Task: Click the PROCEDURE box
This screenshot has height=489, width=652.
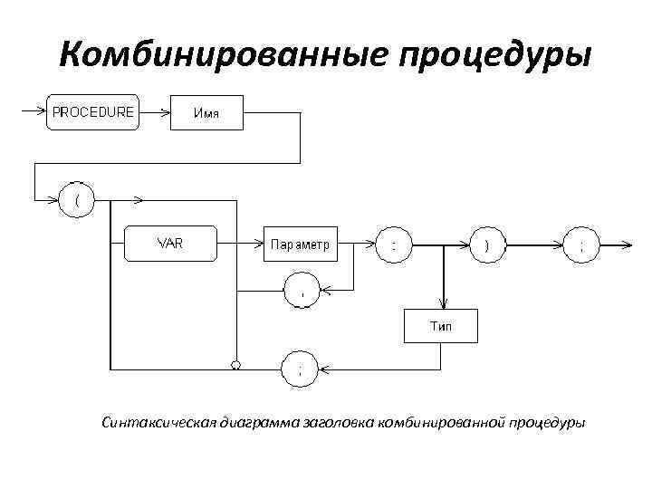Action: [91, 112]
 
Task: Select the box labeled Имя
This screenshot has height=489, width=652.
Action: [206, 113]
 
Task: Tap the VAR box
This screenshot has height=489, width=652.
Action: [170, 244]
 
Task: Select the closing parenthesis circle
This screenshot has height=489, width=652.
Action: [487, 244]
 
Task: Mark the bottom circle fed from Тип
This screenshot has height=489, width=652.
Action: [301, 369]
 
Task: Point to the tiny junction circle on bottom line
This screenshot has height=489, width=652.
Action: [235, 365]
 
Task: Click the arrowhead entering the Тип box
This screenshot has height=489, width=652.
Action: [443, 305]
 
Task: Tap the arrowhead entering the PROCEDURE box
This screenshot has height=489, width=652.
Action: [41, 112]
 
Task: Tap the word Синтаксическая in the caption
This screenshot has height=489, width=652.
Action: [159, 422]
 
